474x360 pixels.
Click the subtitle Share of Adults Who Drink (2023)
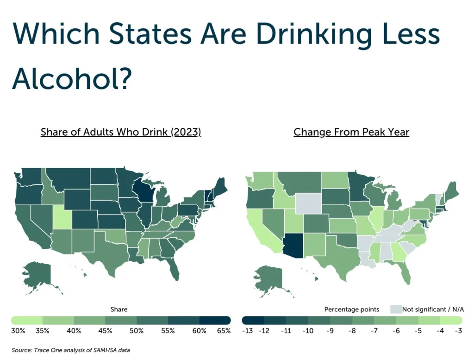click(x=121, y=132)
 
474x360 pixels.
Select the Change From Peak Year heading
click(x=351, y=132)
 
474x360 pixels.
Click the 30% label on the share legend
click(x=18, y=331)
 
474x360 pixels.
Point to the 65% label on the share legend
click(x=224, y=331)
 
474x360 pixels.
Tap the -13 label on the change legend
click(x=248, y=331)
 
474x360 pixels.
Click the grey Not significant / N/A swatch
click(x=395, y=309)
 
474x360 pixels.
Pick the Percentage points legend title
click(x=352, y=309)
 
